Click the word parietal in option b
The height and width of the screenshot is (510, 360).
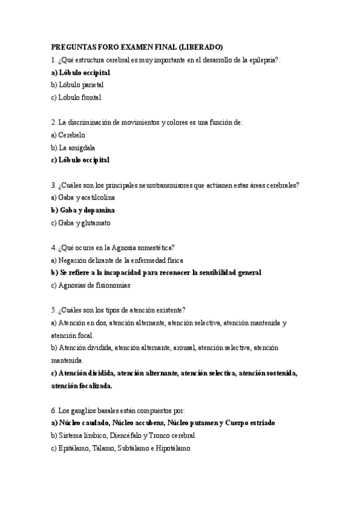tap(90, 85)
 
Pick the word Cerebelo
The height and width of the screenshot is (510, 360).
tap(72, 135)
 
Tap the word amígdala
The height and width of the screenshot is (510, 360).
tap(81, 147)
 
